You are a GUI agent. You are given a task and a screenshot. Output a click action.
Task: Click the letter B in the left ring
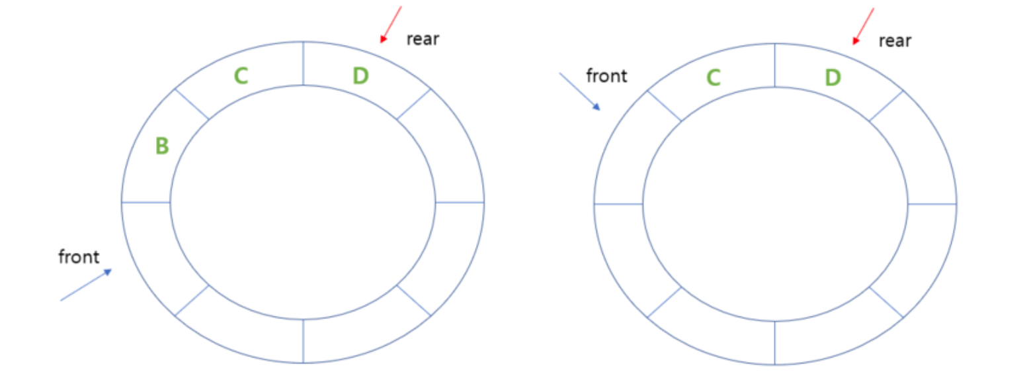[162, 146]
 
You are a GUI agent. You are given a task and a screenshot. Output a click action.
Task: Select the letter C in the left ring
[241, 76]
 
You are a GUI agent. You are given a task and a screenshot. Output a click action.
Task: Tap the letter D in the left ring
[360, 76]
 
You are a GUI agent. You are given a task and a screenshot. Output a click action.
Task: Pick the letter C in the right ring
[713, 78]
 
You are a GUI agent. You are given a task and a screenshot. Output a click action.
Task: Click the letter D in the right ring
[833, 78]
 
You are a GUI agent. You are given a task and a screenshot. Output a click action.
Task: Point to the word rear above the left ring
[423, 39]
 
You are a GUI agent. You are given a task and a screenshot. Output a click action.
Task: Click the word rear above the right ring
[895, 41]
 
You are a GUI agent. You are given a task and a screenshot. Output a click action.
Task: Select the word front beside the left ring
[79, 257]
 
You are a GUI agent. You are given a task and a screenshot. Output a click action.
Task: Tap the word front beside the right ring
[606, 76]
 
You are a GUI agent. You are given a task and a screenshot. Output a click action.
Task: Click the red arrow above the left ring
[391, 24]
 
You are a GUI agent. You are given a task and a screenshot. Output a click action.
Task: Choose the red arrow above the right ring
[864, 26]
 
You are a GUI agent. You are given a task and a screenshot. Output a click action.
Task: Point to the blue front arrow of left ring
[86, 285]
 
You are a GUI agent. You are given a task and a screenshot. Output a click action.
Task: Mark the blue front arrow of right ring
[579, 91]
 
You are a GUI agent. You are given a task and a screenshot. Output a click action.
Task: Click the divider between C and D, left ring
[303, 64]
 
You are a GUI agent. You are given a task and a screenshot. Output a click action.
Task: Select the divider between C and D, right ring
[775, 66]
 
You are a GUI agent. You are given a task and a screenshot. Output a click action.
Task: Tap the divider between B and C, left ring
[192, 104]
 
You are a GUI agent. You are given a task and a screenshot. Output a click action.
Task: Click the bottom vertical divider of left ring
[303, 341]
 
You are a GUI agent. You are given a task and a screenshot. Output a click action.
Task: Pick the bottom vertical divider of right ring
[775, 343]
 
